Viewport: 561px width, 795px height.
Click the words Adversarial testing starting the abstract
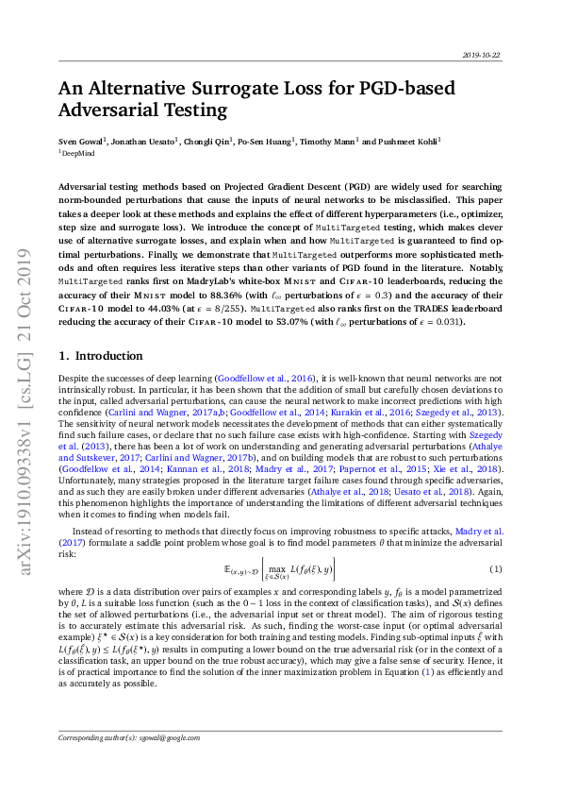pos(103,188)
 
